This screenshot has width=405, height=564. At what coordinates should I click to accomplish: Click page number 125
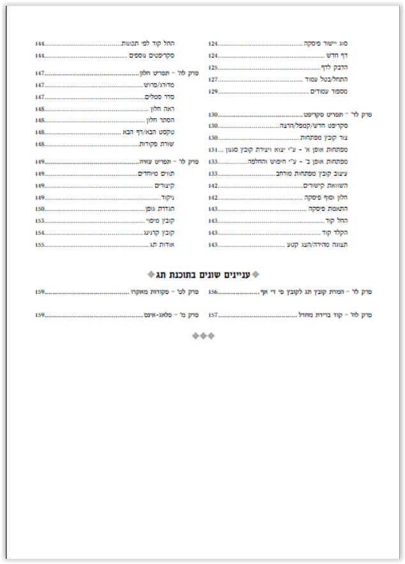pos(213,67)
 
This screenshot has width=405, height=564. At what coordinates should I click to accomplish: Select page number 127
pos(213,79)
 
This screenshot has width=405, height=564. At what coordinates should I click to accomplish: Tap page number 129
pos(213,91)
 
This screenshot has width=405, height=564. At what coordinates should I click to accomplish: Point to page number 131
pos(213,149)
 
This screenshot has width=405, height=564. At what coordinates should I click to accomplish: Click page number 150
pos(40,209)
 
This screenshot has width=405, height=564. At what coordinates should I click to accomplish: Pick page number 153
pos(40,221)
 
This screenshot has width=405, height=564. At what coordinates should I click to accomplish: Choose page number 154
pos(40,233)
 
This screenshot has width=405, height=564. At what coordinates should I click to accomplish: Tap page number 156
pos(213,291)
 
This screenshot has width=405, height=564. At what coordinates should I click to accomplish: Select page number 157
pos(213,315)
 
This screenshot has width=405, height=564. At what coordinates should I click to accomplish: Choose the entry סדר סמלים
pos(171,97)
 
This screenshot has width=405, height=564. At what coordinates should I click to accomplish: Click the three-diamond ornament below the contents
pos(202,335)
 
